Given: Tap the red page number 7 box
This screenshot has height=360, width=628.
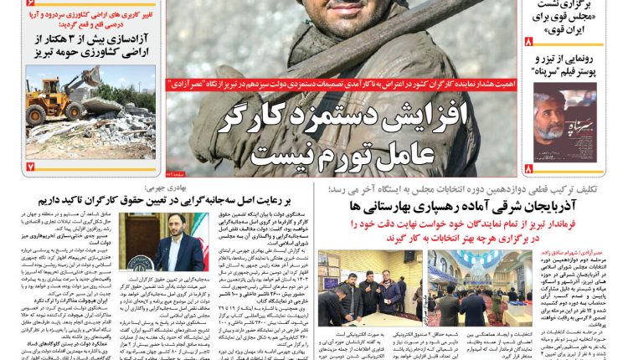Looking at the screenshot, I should (x=30, y=166).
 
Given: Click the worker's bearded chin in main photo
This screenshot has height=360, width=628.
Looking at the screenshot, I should (x=335, y=18).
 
